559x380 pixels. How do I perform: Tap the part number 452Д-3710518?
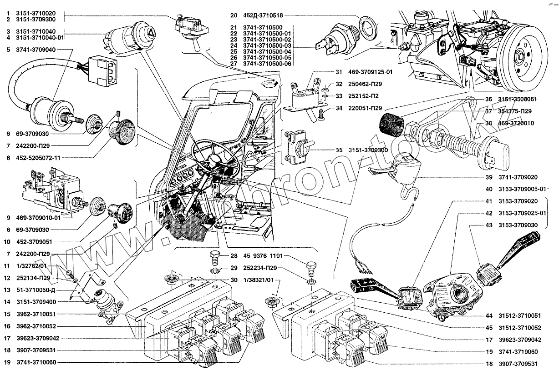coord(263,15)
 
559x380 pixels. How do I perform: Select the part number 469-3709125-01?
coord(371,72)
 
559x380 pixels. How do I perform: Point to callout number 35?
coord(339,150)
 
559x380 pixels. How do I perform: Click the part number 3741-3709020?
coord(518,177)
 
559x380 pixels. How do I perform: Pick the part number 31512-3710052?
coord(520,328)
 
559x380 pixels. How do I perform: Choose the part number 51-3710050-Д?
coord(36,290)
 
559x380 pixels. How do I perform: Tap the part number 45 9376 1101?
coord(263,256)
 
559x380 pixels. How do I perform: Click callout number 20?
coord(234,15)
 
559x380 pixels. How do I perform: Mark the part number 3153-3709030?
coord(518,225)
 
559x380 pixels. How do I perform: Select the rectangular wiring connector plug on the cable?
coord(102,71)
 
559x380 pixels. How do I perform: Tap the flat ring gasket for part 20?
coord(368,27)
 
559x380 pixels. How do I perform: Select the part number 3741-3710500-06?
coord(267,64)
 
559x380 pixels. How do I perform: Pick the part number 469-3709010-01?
coord(38,218)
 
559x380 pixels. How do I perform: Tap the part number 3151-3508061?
coord(517,99)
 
